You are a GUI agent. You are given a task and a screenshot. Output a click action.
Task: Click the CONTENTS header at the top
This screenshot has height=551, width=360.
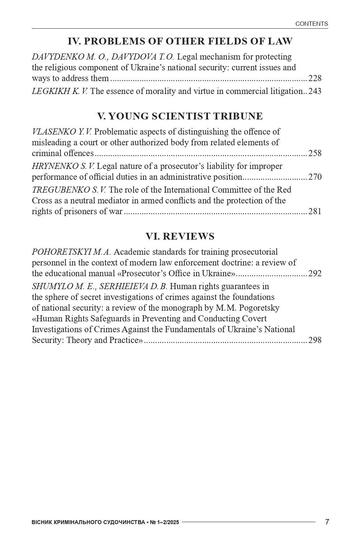coord(311,24)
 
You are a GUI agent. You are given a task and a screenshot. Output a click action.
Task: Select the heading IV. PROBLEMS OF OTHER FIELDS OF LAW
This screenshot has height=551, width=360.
coord(180,42)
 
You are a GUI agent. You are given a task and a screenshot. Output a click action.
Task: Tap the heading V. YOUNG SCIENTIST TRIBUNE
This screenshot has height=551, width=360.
coord(180,116)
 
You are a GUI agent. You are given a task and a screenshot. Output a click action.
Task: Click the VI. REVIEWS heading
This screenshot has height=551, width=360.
coord(180,236)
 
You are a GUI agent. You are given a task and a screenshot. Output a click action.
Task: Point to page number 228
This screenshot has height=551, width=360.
coord(315,79)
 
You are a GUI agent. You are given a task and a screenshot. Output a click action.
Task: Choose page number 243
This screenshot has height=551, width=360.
coord(315,91)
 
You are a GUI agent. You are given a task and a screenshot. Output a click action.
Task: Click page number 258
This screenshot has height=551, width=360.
coord(315,154)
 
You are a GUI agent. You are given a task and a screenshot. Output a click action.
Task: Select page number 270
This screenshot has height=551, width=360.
coord(315,177)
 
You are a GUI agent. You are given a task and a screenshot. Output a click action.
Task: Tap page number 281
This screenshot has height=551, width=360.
coord(315,212)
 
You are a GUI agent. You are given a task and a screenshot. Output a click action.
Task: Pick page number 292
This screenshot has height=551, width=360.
coord(315,274)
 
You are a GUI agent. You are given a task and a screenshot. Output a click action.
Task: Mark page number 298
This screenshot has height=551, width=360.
coord(315,340)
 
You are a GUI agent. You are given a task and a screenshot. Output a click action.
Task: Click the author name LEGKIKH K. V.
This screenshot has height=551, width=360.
coord(60,91)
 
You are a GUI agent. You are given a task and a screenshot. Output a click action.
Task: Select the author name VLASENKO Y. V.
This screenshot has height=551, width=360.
coord(62,132)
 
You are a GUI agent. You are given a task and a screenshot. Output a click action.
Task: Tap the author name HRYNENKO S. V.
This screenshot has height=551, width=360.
coord(63,166)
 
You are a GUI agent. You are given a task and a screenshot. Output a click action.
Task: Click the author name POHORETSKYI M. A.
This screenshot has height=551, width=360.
coord(71,252)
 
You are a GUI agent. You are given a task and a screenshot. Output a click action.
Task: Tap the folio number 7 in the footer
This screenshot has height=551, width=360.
coord(327,522)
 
